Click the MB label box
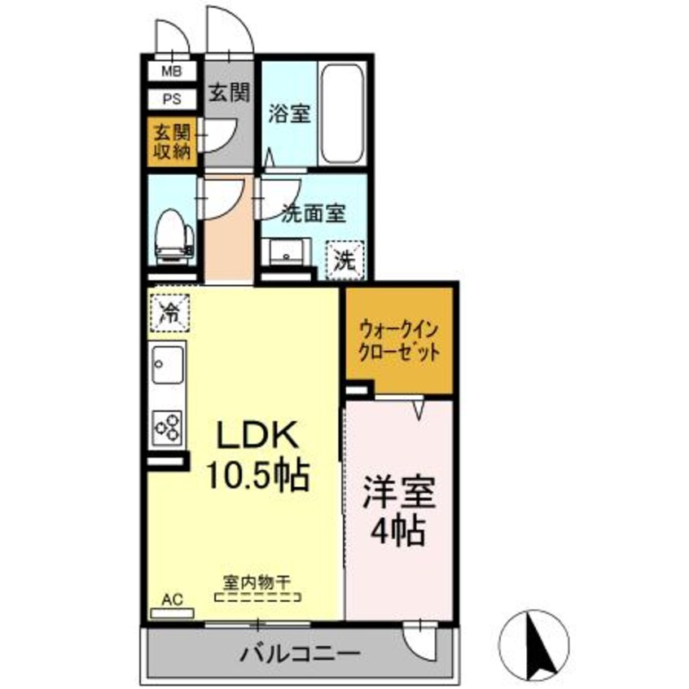tap(171, 71)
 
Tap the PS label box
tap(171, 100)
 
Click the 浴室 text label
tap(290, 114)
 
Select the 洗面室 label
tap(314, 214)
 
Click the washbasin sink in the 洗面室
tap(285, 252)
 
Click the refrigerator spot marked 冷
tap(169, 310)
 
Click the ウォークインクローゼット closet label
tap(400, 343)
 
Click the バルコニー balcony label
tap(299, 653)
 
